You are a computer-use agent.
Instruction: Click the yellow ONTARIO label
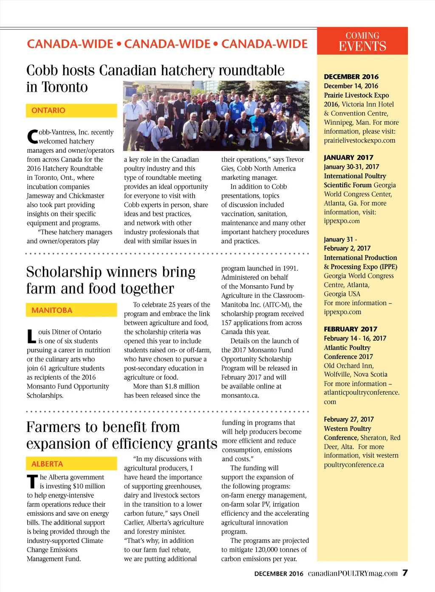[x=71, y=110]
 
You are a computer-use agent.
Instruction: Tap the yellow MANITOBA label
[x=71, y=310]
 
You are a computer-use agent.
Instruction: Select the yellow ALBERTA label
[x=71, y=464]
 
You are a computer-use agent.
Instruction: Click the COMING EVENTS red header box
[x=362, y=41]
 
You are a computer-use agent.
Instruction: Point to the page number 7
[x=405, y=573]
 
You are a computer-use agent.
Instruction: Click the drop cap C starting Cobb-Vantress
[x=32, y=137]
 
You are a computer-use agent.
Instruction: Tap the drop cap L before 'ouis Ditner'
[x=31, y=337]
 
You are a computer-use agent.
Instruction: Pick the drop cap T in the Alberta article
[x=32, y=482]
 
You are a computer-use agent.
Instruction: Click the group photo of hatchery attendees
[x=216, y=115]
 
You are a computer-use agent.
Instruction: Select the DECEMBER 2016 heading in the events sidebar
[x=351, y=77]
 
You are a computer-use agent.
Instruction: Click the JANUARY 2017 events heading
[x=348, y=157]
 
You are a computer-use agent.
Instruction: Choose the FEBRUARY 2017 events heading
[x=350, y=329]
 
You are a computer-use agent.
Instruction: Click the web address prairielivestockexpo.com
[x=359, y=140]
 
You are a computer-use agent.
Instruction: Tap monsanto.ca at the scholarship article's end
[x=240, y=396]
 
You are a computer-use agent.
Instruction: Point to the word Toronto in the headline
[x=65, y=87]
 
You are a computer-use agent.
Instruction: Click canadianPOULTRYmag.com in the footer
[x=353, y=573]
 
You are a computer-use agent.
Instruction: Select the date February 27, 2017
[x=349, y=419]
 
